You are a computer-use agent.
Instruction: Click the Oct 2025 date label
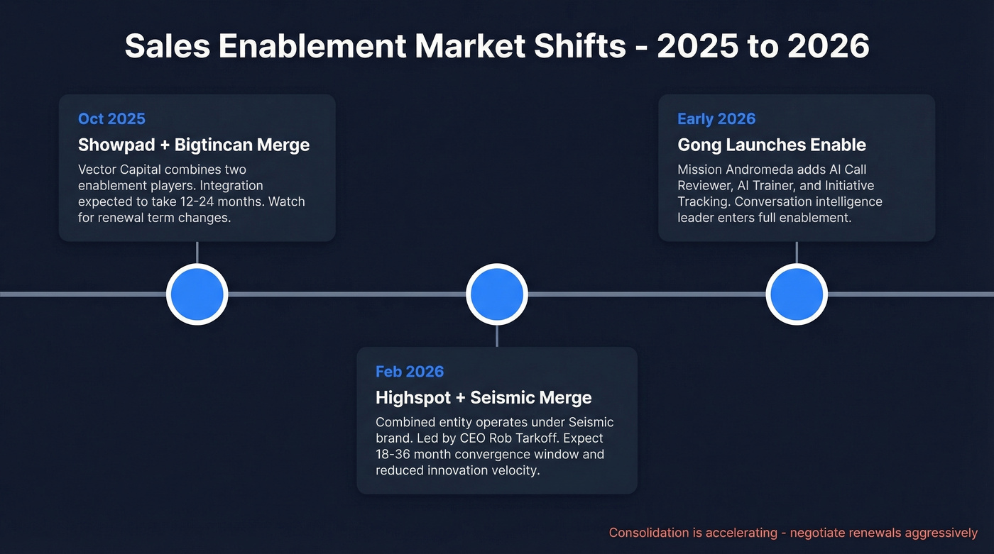click(111, 118)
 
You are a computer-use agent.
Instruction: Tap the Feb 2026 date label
click(410, 371)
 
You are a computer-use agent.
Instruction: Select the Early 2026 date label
click(716, 118)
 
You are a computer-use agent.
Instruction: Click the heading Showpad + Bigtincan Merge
click(194, 145)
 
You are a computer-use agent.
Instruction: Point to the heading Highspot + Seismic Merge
click(484, 397)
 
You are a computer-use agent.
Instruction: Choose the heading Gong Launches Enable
click(772, 145)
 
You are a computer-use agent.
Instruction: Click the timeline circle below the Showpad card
click(197, 294)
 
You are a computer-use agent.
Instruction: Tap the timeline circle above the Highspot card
click(496, 294)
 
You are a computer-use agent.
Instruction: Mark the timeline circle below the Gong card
click(796, 294)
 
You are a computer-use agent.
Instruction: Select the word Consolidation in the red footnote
click(649, 533)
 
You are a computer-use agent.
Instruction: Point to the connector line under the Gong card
click(796, 253)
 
